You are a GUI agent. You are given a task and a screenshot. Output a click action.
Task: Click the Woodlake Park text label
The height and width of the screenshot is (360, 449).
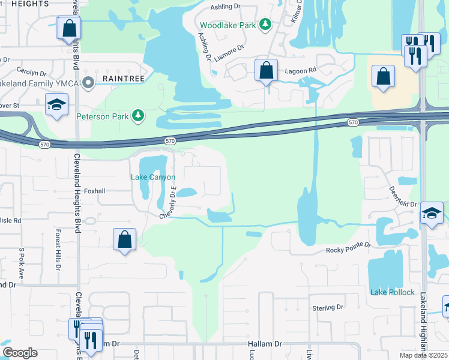pos(228,25)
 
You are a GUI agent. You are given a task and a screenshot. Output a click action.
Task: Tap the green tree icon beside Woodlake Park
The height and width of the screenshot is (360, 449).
pos(265,25)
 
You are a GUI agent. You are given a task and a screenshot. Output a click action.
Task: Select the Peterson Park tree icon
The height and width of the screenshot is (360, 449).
pos(139,114)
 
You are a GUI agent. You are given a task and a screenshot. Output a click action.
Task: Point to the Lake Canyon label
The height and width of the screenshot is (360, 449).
pos(153,177)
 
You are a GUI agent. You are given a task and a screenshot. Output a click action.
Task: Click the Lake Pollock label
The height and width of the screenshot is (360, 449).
pos(393,292)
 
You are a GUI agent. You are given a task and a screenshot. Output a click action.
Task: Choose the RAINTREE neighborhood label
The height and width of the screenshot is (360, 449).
pos(122,79)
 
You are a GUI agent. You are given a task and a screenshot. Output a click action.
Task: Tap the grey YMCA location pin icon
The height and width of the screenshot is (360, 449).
pos(89,83)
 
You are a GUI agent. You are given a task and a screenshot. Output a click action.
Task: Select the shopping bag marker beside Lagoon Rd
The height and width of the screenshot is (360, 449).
pos(266,71)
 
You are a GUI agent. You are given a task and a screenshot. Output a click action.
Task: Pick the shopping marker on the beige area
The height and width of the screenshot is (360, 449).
pos(383,76)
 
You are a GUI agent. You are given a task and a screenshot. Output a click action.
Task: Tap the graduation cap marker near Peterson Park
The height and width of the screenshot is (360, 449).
pos(56,104)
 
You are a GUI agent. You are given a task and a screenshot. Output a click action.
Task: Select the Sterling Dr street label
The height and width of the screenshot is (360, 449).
pos(327,307)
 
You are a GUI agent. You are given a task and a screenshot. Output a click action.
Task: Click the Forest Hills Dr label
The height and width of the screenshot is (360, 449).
pos(58,246)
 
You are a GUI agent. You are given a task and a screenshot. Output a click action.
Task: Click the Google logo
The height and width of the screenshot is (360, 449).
pos(20,352)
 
